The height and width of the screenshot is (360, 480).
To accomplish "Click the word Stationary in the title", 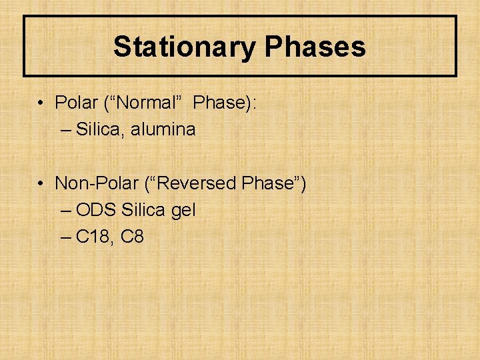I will click(184, 47).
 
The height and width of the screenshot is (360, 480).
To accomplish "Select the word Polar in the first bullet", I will click(76, 103).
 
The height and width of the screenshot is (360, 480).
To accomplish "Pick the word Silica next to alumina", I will click(101, 129).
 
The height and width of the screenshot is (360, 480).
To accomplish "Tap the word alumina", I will click(163, 129).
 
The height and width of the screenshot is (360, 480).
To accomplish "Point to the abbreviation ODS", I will click(97, 210).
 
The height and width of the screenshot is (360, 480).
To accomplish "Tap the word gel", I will click(183, 211).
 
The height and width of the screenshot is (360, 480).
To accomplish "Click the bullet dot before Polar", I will click(42, 104).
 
